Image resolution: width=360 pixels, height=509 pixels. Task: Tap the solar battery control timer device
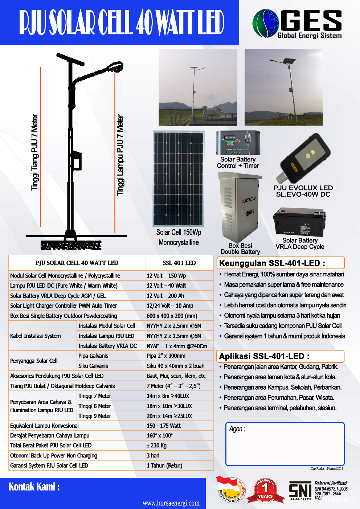pyautogui.click(x=238, y=143)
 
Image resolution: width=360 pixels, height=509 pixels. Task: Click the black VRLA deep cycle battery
pyautogui.click(x=299, y=222)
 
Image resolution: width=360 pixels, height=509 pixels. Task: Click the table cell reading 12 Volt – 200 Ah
pyautogui.click(x=165, y=296)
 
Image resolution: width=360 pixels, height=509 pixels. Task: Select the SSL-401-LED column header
pyautogui.click(x=179, y=263)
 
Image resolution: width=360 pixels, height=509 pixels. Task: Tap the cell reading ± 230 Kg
pyautogui.click(x=156, y=446)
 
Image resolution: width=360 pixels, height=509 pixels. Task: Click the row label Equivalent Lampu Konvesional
pyautogui.click(x=44, y=426)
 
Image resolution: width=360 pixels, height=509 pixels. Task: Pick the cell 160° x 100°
pyautogui.click(x=160, y=435)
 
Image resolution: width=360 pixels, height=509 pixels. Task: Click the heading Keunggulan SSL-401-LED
pyautogui.click(x=272, y=263)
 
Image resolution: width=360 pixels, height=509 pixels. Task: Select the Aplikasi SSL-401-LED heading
pyautogui.click(x=264, y=356)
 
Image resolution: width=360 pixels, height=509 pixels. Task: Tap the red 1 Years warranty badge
pyautogui.click(x=265, y=491)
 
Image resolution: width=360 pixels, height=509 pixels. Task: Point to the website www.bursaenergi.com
pyautogui.click(x=171, y=503)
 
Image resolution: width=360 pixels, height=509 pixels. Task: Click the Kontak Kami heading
pyautogui.click(x=34, y=487)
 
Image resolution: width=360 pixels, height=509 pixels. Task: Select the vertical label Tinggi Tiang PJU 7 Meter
pyautogui.click(x=34, y=152)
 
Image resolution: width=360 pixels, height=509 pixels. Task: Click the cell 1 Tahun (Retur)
pyautogui.click(x=164, y=465)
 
